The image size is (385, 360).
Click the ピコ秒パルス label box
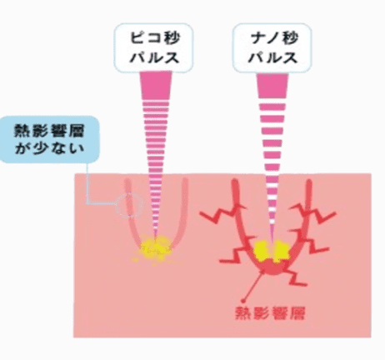(153, 48)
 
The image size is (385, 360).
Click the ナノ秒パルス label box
(272, 48)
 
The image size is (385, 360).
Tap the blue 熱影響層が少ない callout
(49, 139)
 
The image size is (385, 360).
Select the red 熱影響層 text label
(270, 313)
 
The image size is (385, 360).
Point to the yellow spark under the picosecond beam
(152, 248)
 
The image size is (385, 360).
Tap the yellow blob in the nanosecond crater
(272, 252)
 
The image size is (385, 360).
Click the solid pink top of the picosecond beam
(156, 86)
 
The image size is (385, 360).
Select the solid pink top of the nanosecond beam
(272, 86)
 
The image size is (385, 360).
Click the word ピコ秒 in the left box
(155, 38)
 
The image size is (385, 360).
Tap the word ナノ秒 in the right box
(273, 38)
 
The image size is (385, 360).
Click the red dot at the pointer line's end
(243, 300)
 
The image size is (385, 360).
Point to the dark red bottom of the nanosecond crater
(272, 268)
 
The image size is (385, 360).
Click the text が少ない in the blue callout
(49, 148)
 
